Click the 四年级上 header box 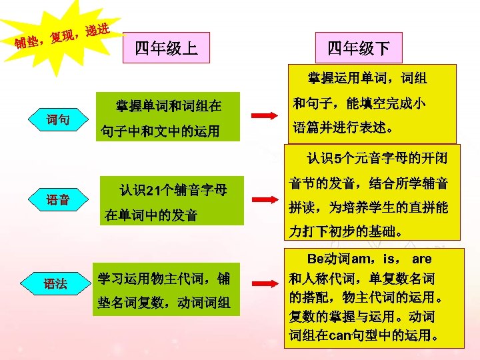pyautogui.click(x=166, y=49)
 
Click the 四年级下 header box pyautogui.click(x=358, y=49)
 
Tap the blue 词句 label pyautogui.click(x=58, y=120)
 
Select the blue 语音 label pyautogui.click(x=58, y=199)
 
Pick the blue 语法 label pyautogui.click(x=55, y=283)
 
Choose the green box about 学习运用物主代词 pyautogui.click(x=163, y=291)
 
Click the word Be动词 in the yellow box pyautogui.click(x=327, y=259)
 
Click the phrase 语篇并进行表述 pyautogui.click(x=344, y=127)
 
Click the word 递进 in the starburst pyautogui.click(x=97, y=30)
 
